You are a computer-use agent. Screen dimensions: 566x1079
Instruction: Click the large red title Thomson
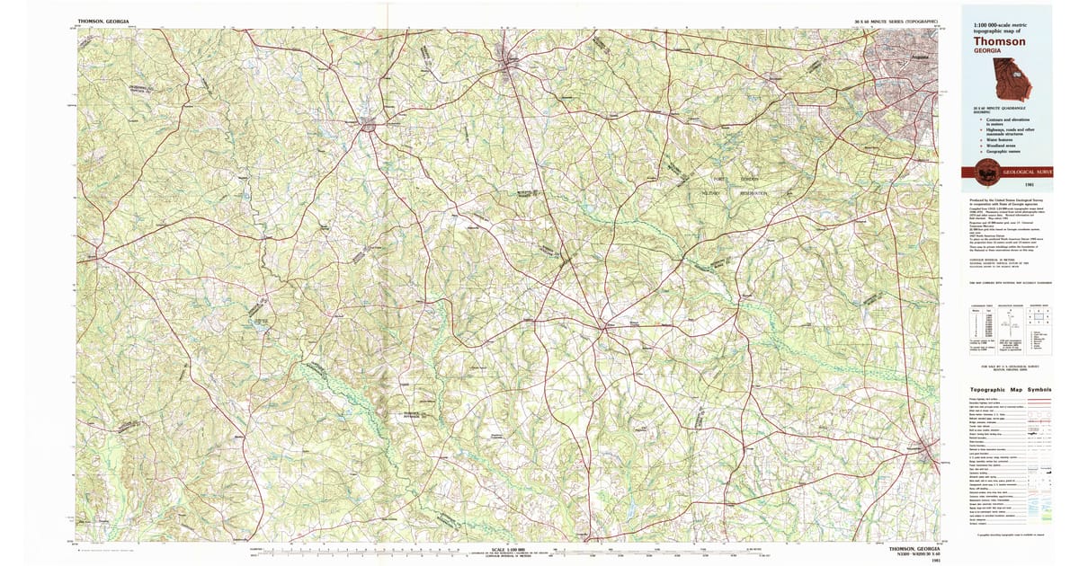coord(999,41)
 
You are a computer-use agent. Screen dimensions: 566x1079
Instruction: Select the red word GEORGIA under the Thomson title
coord(986,51)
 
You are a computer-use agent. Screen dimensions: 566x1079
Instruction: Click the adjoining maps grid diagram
coord(1039,317)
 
